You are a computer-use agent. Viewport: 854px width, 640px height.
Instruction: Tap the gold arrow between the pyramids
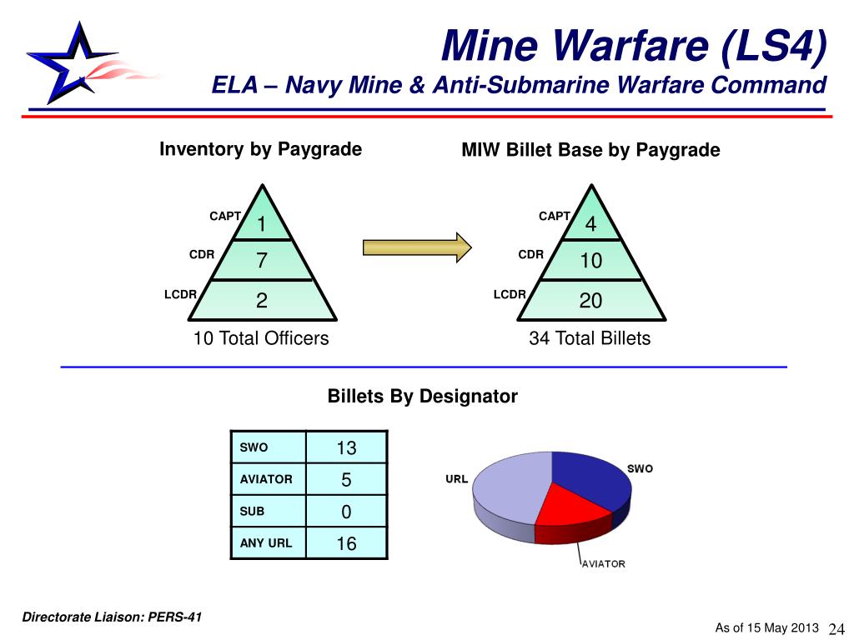tap(417, 247)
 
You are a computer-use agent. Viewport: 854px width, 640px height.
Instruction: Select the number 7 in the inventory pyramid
tap(262, 260)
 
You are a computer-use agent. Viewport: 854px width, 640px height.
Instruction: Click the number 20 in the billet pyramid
tap(590, 300)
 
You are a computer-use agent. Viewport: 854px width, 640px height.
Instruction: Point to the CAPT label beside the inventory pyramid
tap(225, 216)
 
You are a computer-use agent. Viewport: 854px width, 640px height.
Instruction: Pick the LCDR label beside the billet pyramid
tap(510, 294)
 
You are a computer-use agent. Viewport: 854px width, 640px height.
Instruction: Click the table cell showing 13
tap(346, 447)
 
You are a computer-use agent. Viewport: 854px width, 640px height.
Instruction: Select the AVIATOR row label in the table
tap(266, 479)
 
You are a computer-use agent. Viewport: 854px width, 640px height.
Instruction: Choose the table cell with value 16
tap(346, 543)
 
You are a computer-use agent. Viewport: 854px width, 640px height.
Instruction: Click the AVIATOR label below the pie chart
tap(604, 564)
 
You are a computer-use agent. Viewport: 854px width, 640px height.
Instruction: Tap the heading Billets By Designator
tap(423, 396)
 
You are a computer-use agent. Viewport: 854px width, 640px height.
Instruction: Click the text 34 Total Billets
tap(590, 338)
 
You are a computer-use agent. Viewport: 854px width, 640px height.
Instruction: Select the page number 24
tap(836, 628)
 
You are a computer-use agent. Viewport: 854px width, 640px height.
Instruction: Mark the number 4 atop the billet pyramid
tap(591, 223)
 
